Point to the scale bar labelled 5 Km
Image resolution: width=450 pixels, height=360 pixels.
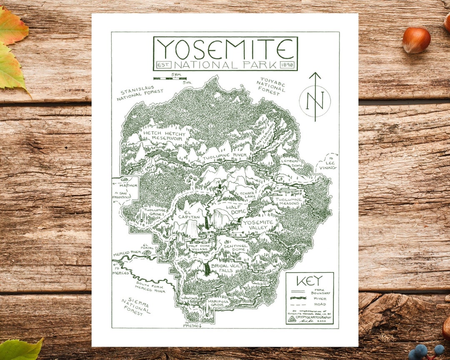(170, 78)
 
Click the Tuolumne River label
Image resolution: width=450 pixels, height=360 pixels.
(225, 155)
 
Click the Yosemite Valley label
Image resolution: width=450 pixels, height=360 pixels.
(259, 225)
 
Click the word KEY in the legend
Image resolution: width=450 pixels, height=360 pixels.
(309, 281)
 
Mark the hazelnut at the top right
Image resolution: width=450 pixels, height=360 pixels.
(416, 40)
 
